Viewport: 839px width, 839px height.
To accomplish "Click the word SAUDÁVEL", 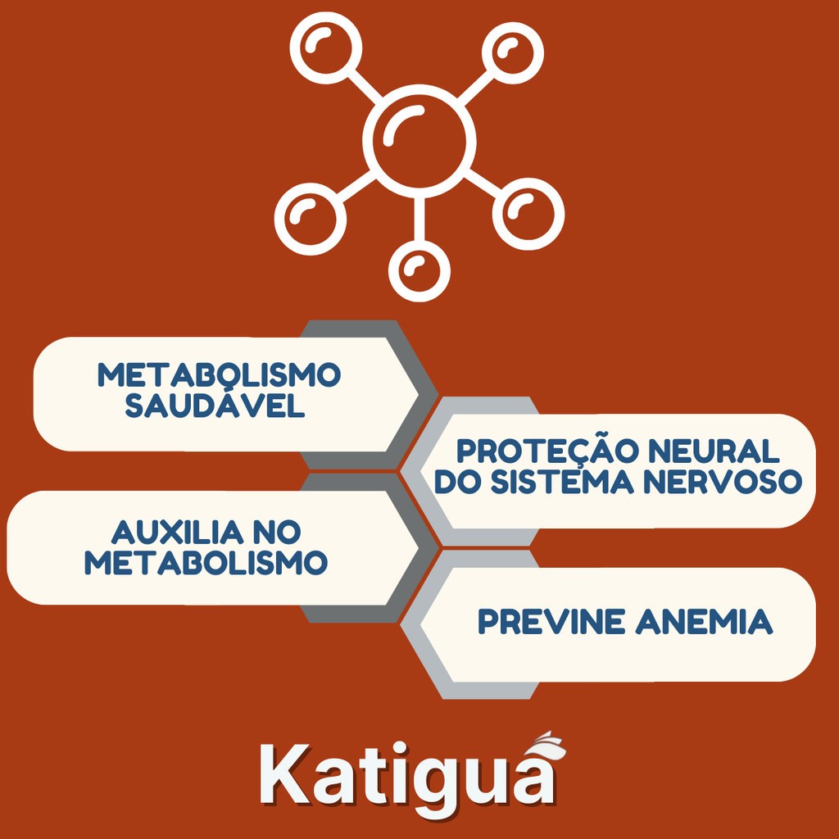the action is (215, 405).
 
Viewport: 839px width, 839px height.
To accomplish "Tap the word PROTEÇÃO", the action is (547, 452).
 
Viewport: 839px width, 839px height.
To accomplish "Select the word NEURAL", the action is (714, 451).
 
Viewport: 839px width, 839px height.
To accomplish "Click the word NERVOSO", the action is (723, 481).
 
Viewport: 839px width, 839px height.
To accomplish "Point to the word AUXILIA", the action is (177, 532).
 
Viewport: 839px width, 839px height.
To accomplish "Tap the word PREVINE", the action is (551, 621).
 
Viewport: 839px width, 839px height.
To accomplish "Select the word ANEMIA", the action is (704, 621).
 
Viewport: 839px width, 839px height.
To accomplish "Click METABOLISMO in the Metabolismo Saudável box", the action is (219, 374).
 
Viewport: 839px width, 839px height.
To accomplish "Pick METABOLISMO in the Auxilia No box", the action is (206, 562).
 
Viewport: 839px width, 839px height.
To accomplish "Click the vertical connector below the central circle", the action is (419, 220).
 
